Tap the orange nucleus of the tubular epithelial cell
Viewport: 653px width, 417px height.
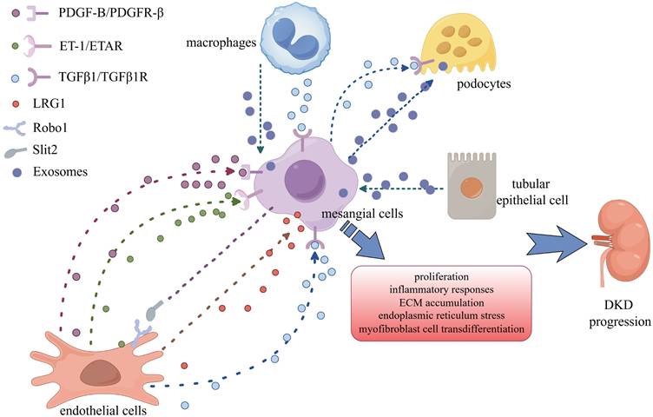pos(473,185)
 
